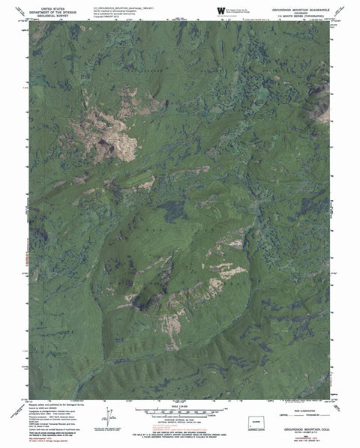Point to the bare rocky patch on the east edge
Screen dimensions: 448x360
322,112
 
